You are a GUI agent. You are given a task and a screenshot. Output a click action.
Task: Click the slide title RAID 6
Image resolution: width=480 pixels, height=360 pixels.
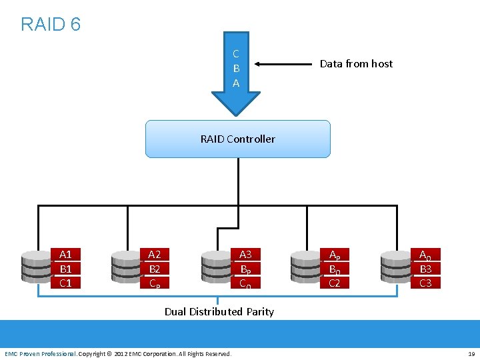(x=51, y=25)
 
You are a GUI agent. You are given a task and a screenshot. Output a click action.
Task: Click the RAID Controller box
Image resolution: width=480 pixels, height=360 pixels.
(x=237, y=139)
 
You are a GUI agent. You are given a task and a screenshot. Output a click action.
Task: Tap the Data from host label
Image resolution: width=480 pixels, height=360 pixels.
(x=356, y=64)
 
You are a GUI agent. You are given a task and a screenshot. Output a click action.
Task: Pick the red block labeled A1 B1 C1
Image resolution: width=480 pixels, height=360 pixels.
(x=65, y=268)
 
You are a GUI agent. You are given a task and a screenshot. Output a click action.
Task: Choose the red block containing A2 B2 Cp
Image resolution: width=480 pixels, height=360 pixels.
(x=154, y=268)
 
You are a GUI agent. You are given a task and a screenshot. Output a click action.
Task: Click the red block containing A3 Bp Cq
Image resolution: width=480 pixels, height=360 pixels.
(x=245, y=268)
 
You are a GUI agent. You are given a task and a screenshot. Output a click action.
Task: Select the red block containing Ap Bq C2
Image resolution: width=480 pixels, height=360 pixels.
(x=334, y=268)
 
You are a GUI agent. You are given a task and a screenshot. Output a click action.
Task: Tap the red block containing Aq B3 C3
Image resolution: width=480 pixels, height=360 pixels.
(x=425, y=268)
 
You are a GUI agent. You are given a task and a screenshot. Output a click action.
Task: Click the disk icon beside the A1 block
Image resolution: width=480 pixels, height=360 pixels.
(x=36, y=268)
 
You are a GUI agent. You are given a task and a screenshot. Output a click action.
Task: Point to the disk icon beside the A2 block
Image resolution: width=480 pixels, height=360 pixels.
(x=125, y=268)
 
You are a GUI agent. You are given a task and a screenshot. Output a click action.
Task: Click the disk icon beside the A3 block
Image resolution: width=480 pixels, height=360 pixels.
(x=216, y=268)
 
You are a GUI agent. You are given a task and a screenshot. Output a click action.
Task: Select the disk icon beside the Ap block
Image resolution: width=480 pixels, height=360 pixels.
(x=305, y=268)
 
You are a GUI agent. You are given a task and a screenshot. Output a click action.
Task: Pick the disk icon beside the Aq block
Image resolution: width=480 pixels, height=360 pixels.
(x=395, y=268)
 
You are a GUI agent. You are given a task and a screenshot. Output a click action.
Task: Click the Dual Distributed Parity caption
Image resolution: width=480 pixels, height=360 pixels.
(x=219, y=311)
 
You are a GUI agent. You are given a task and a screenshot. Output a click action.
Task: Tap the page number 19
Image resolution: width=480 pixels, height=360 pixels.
(x=471, y=353)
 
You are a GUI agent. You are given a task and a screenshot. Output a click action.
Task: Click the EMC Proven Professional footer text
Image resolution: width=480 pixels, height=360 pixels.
(x=40, y=353)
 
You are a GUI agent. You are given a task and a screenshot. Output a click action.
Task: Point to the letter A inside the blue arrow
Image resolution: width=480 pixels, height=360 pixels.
(x=236, y=83)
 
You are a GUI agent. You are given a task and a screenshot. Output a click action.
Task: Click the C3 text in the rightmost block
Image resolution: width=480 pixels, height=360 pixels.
(x=425, y=283)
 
